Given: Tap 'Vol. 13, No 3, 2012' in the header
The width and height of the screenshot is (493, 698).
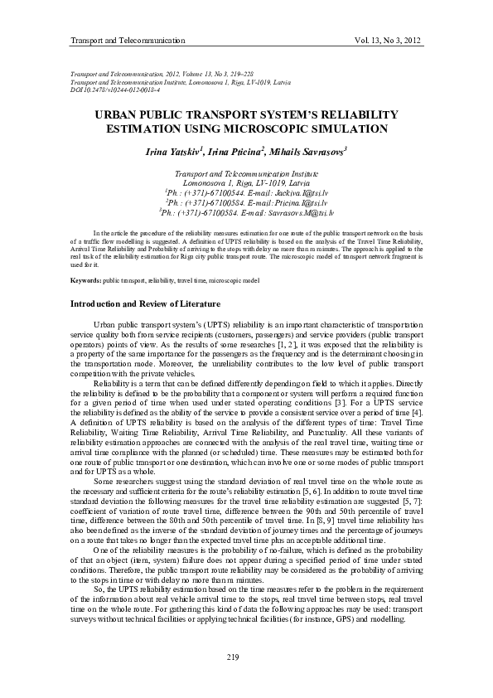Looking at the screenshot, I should pyautogui.click(x=388, y=40).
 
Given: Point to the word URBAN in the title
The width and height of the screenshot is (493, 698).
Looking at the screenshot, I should pyautogui.click(x=120, y=115).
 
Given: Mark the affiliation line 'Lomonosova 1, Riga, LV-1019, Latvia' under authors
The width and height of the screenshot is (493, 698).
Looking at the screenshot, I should pyautogui.click(x=247, y=182).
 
